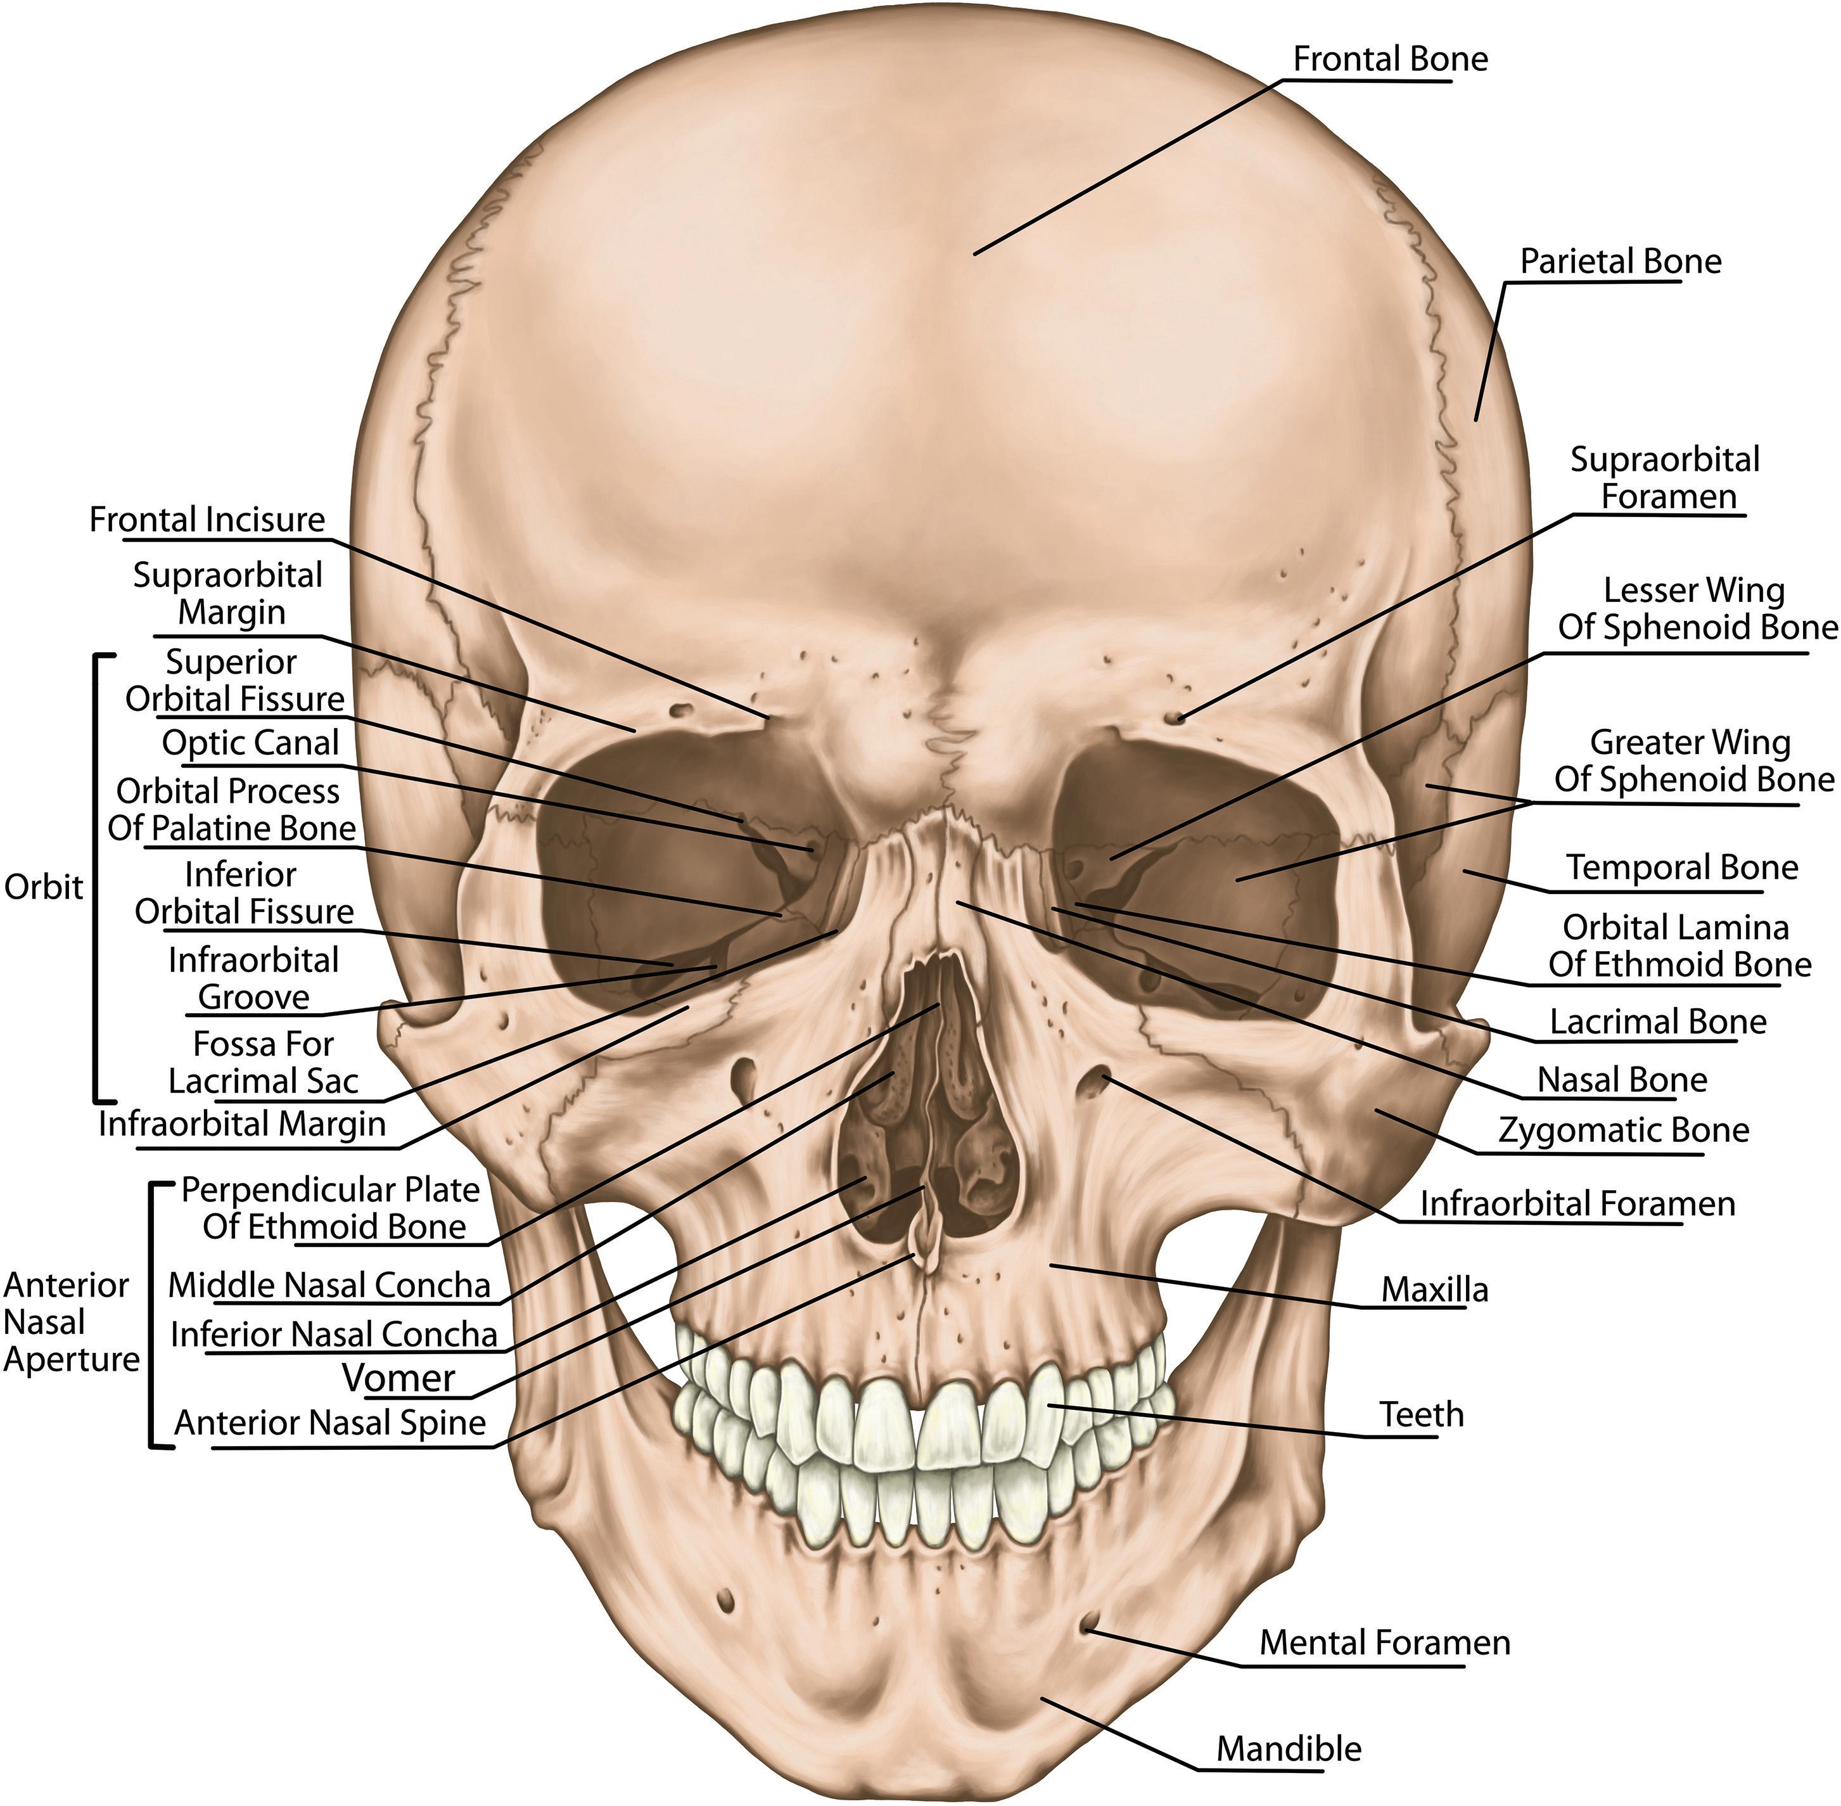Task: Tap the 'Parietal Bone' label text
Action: click(x=1620, y=261)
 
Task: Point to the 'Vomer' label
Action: click(x=398, y=1377)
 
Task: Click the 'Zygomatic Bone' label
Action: click(x=1623, y=1130)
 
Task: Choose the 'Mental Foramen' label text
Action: click(x=1384, y=1642)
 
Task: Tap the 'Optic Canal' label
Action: click(x=250, y=743)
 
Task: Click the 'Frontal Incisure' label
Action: click(x=207, y=520)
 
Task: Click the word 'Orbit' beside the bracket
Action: click(x=44, y=887)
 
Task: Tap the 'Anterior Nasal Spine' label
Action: click(x=330, y=1423)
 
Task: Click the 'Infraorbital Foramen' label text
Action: click(x=1576, y=1204)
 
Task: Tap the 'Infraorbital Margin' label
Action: click(x=242, y=1124)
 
